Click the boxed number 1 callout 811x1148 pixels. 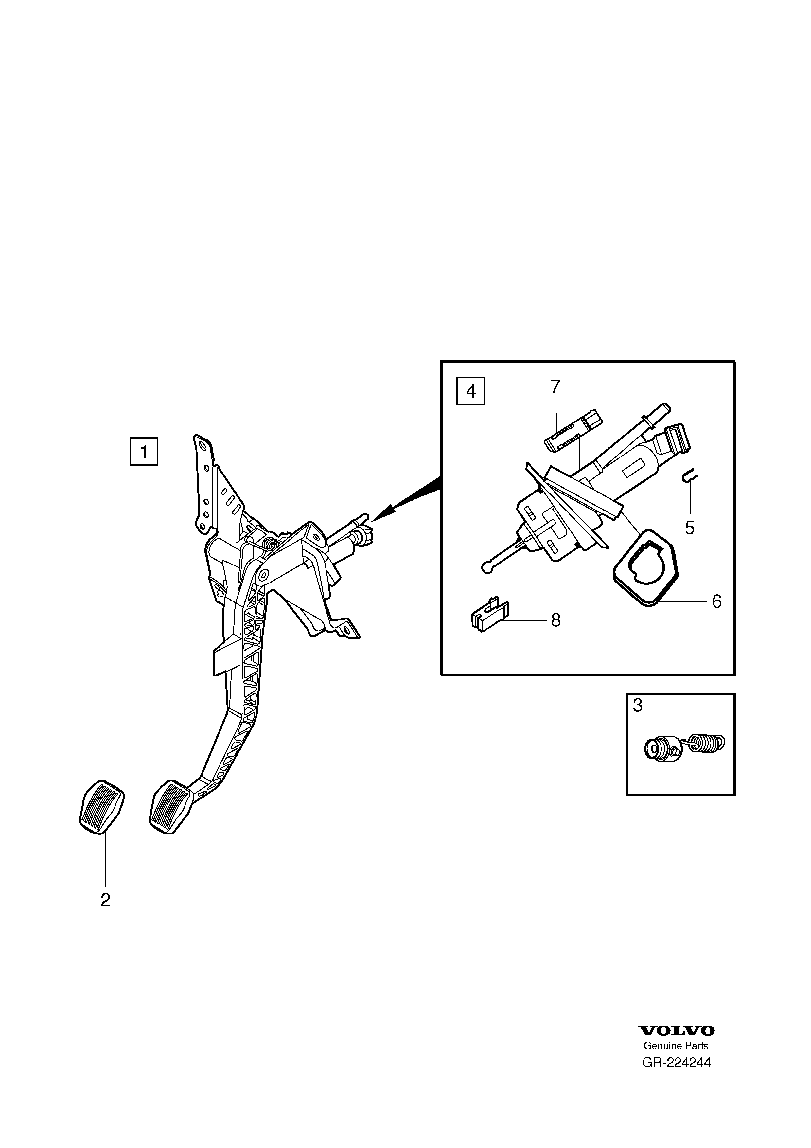[144, 452]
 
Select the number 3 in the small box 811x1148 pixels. [638, 706]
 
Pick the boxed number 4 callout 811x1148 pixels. [471, 391]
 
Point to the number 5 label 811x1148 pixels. [690, 528]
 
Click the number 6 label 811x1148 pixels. [716, 601]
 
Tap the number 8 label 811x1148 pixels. [555, 620]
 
